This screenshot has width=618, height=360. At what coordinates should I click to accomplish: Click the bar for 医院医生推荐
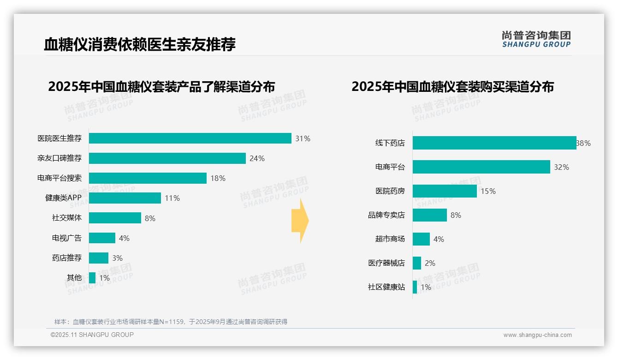pos(190,138)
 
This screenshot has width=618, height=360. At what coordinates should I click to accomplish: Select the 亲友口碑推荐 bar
pos(167,158)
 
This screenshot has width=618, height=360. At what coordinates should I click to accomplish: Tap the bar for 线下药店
pos(494,143)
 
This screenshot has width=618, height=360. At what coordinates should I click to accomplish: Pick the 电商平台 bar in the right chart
pos(481,167)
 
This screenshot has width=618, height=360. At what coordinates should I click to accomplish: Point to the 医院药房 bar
pos(445,191)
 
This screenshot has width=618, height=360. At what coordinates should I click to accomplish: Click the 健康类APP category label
pos(63,198)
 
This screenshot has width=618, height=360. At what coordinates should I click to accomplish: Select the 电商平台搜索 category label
pos(59,178)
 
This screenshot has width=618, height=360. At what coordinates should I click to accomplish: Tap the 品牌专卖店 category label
pos(386,215)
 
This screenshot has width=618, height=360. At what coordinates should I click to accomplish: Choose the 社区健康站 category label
pos(386,287)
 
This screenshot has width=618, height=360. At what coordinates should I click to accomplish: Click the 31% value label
pos(303,138)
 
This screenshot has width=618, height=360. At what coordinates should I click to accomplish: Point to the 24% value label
pos(257,158)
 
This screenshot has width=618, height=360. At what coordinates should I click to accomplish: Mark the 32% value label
pos(561,167)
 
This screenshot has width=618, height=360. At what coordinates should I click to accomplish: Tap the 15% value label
pos(488,191)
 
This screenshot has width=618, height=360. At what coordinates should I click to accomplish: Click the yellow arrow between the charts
pos(300,221)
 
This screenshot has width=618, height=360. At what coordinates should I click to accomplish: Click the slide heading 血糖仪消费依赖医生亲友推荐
pos(140,44)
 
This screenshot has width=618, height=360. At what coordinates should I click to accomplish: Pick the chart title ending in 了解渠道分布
pos(161,86)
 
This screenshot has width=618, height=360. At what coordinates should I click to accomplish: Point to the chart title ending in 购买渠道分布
pos(452,86)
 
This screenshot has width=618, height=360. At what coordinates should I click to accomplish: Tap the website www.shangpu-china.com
pos(537,335)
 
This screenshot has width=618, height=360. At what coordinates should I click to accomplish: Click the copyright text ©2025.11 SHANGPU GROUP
pos(92,335)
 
